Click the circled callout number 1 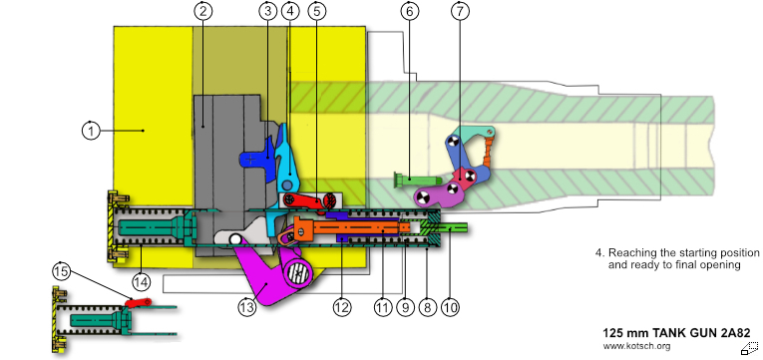(x=91, y=131)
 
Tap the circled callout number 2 (x=203, y=11)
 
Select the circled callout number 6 (x=409, y=11)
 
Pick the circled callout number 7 (x=461, y=11)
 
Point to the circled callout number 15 (x=62, y=272)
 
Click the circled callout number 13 (x=247, y=307)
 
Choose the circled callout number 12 (x=341, y=307)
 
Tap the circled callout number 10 (x=450, y=307)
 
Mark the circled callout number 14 (x=141, y=281)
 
